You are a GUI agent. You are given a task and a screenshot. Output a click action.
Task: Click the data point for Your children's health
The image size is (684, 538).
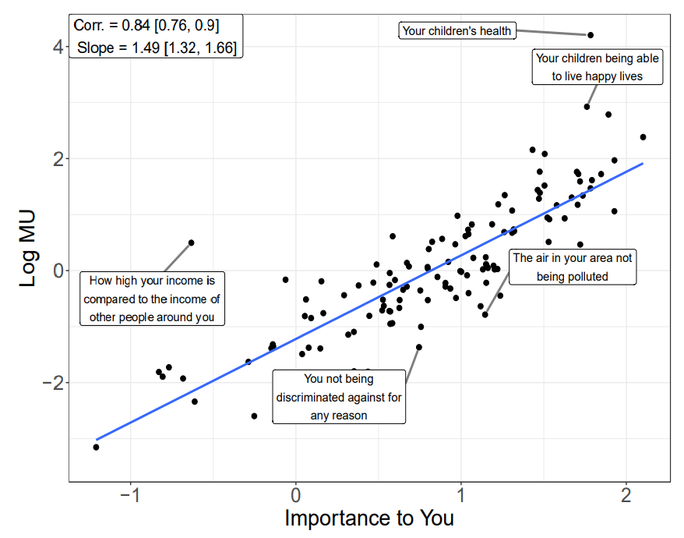pos(591,35)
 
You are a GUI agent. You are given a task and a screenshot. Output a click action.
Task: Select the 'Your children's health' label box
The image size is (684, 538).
pos(457,31)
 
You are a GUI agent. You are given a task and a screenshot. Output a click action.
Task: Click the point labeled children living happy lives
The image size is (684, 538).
pos(587,107)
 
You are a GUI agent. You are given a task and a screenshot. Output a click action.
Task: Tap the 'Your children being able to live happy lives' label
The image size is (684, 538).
pos(598,68)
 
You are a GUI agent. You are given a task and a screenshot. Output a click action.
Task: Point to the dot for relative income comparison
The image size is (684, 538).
pos(191,242)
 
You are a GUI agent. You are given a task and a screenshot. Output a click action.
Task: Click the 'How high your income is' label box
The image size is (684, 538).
pos(152,298)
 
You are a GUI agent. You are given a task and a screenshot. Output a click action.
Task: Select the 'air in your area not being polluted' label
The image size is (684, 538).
pos(572,267)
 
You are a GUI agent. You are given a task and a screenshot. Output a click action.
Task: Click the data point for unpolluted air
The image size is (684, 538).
pos(485,315)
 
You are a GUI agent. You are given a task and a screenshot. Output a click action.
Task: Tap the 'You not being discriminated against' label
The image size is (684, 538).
pos(339,397)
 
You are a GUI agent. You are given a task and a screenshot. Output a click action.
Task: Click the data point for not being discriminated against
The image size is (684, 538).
pos(419,347)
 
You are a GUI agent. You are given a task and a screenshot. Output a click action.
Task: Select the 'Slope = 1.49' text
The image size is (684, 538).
pos(157,48)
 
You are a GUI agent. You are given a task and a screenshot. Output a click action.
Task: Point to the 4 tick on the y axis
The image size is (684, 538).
pos(57,47)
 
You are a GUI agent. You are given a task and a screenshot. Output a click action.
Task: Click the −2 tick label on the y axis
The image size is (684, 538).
pos(51,383)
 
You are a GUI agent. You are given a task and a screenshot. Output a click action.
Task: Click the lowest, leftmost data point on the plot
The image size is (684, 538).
pos(96,447)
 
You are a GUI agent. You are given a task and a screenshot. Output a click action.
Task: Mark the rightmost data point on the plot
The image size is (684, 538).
pos(643,137)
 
